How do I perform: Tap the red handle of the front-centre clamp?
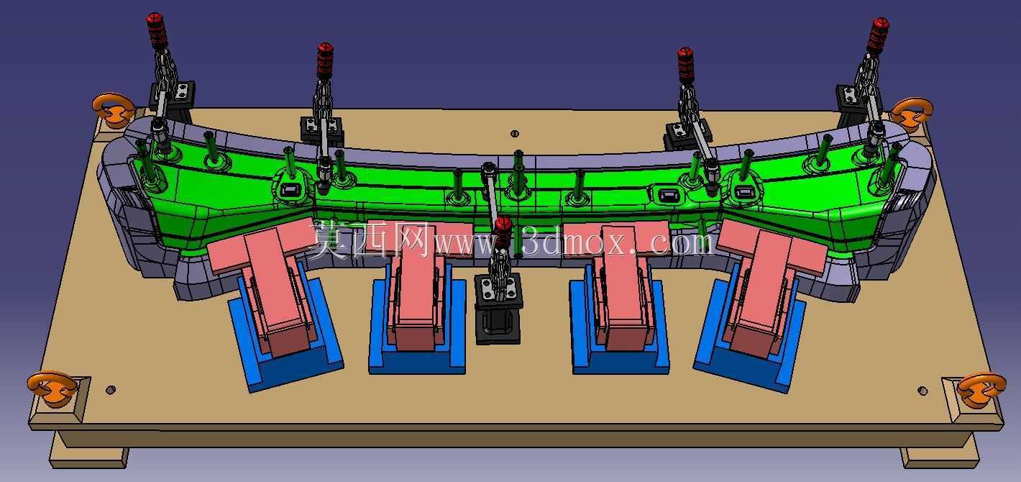pyautogui.click(x=503, y=232)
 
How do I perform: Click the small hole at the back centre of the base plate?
pyautogui.click(x=515, y=134)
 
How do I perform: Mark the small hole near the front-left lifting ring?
pyautogui.click(x=110, y=390)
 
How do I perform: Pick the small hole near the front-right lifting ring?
pyautogui.click(x=922, y=391)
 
